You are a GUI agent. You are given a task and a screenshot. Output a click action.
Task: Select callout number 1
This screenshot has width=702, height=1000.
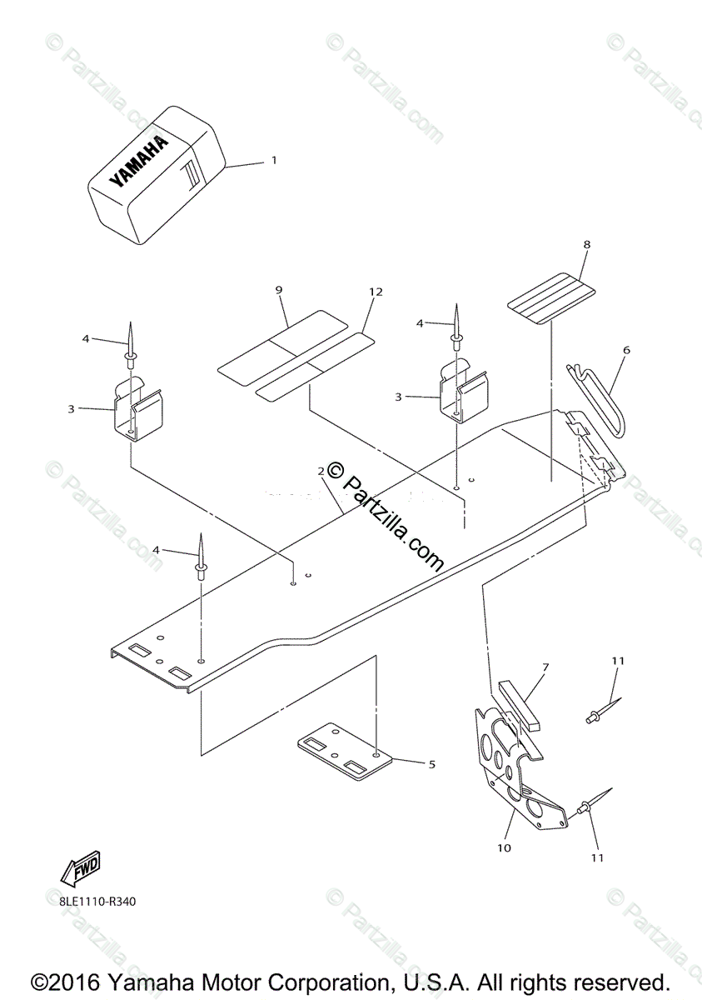pos(274,160)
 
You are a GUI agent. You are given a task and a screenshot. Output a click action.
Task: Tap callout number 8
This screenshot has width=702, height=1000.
pos(586,245)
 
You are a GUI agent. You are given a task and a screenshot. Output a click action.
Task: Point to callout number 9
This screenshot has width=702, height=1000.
pos(279,290)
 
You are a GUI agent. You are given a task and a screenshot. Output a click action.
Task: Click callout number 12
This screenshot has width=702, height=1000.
pos(376,292)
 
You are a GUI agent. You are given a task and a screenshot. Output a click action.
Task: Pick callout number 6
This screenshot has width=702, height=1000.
pos(626,351)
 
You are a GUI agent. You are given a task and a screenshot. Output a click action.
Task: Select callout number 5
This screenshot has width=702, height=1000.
pos(431,763)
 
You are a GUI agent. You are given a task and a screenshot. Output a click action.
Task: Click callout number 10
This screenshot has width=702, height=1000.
pos(504,847)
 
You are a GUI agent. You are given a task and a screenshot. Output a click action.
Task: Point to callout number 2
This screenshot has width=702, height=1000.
pos(321,472)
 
